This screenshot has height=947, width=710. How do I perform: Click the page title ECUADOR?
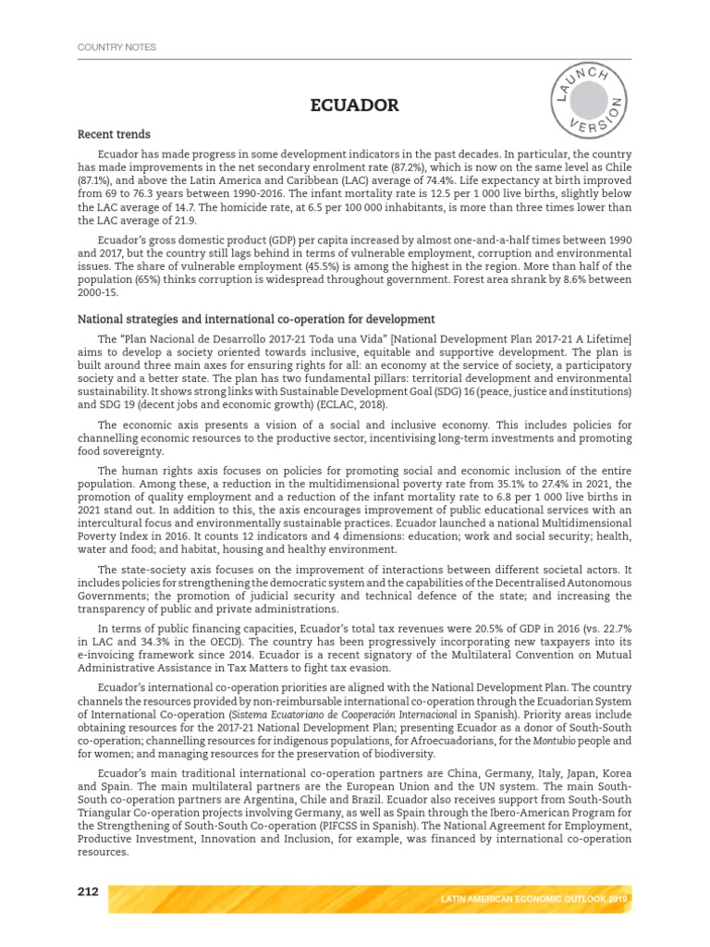(354, 105)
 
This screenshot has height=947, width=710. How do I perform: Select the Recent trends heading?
(114, 135)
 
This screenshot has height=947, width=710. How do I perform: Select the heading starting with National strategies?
(256, 319)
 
